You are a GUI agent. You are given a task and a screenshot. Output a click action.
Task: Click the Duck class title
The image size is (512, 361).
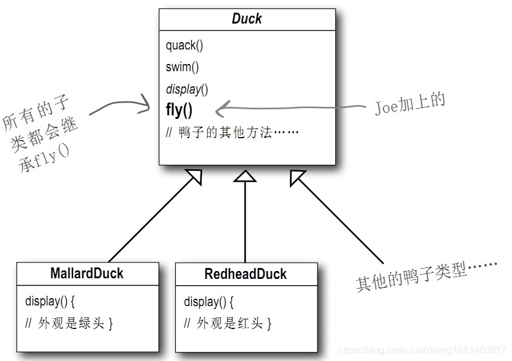click(x=247, y=19)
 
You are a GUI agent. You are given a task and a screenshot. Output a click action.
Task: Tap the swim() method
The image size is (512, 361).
click(x=182, y=67)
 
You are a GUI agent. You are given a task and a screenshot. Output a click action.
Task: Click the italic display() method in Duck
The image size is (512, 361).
click(x=187, y=89)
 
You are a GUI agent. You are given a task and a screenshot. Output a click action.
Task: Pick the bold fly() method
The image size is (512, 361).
click(x=179, y=110)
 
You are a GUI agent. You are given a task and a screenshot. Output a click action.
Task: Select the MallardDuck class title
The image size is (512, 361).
click(x=87, y=273)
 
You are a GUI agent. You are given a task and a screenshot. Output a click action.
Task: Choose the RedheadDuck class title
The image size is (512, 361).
click(x=246, y=273)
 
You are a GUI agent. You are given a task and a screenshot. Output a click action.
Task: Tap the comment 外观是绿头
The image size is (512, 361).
click(x=69, y=324)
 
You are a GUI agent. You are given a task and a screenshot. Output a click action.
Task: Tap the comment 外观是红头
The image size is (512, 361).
click(x=228, y=324)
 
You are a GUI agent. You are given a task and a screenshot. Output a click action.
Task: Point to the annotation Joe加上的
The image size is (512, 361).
click(x=409, y=104)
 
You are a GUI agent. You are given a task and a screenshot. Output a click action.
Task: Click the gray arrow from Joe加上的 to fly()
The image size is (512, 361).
click(x=290, y=109)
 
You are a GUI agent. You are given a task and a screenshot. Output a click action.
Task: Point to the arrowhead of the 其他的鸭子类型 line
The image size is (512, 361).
click(x=298, y=176)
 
